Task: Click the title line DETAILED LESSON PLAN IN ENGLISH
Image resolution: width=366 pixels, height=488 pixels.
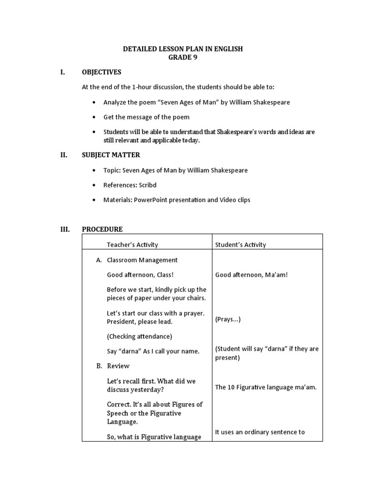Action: [x=183, y=49]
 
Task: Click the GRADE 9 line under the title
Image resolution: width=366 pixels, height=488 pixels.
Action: [x=183, y=57]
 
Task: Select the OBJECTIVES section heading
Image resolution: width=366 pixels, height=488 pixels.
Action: [x=102, y=72]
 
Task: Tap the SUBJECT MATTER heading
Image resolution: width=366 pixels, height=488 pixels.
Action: [x=111, y=155]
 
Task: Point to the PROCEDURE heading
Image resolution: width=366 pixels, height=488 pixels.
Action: [x=102, y=229]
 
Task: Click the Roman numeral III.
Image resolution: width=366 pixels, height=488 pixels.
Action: [x=65, y=229]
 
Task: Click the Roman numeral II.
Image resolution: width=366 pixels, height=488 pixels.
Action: [x=64, y=155]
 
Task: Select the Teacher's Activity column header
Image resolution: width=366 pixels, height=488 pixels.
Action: [x=132, y=245]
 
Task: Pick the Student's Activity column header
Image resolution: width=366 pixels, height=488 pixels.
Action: [x=241, y=245]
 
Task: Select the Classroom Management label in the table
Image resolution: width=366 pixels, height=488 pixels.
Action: [x=142, y=260]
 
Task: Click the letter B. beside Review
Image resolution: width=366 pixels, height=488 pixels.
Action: [x=99, y=366]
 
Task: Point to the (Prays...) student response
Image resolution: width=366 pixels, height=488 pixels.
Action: [x=228, y=320]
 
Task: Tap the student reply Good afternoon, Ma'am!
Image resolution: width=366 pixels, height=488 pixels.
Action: [x=251, y=275]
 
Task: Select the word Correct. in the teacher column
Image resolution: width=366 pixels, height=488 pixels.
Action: [x=121, y=404]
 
